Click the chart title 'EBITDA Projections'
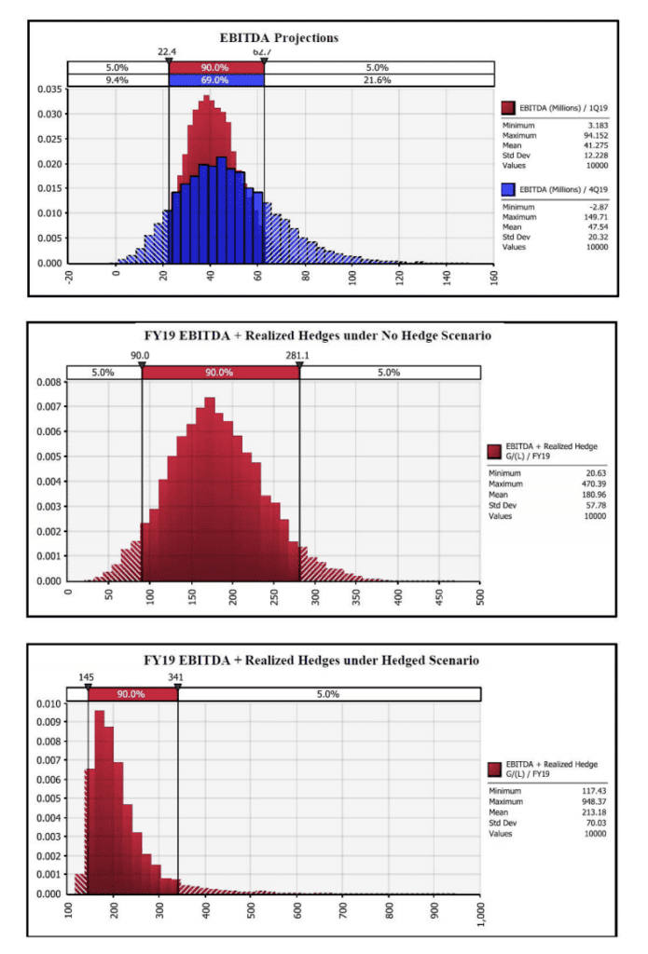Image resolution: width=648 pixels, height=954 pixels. pyautogui.click(x=279, y=38)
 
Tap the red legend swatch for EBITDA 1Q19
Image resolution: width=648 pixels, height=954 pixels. pyautogui.click(x=509, y=108)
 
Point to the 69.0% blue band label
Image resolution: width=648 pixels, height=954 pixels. pyautogui.click(x=216, y=81)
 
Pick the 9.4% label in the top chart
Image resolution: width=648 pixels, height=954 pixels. pyautogui.click(x=117, y=81)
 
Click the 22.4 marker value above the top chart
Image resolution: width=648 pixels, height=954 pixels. pyautogui.click(x=168, y=54)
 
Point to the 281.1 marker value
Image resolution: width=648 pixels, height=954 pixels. pyautogui.click(x=298, y=355)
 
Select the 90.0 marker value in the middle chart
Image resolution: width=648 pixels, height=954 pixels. pyautogui.click(x=142, y=355)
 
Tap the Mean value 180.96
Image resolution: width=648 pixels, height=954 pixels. pyautogui.click(x=591, y=495)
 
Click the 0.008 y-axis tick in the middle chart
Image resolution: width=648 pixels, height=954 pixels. pyautogui.click(x=48, y=382)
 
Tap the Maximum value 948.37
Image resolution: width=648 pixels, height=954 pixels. pyautogui.click(x=591, y=802)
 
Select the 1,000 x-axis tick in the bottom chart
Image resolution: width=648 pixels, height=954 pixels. pyautogui.click(x=479, y=914)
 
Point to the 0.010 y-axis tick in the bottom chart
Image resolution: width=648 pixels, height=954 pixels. pyautogui.click(x=48, y=704)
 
